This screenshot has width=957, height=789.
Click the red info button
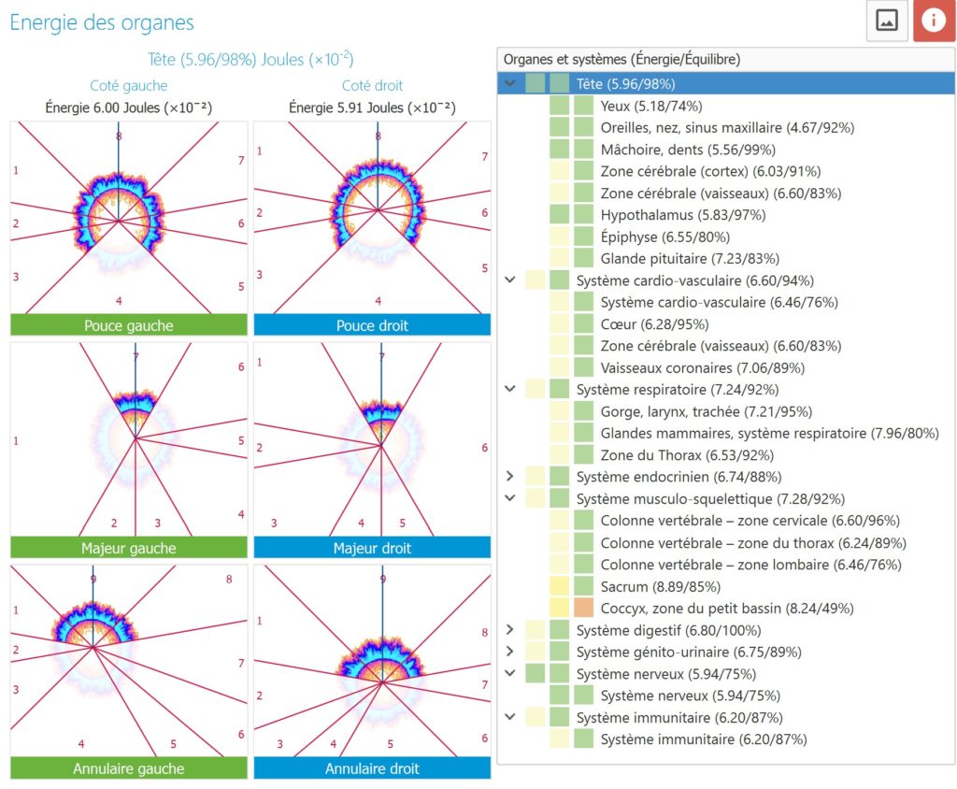(x=934, y=21)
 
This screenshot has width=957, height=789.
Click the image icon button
(x=887, y=21)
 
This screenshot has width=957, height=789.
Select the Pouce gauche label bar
(x=129, y=325)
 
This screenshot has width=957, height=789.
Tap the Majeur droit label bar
(x=372, y=548)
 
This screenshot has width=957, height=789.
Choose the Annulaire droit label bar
(x=372, y=768)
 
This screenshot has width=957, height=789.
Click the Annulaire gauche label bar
(x=129, y=768)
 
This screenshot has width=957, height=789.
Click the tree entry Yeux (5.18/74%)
(x=651, y=106)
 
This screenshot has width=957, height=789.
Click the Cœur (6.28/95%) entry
(x=655, y=324)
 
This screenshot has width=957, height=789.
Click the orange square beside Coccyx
(x=583, y=609)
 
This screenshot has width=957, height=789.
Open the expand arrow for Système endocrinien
(x=510, y=477)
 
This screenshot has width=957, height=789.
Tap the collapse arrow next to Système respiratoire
(x=510, y=389)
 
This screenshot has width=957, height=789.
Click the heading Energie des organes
(x=102, y=22)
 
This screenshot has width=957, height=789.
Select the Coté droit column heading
(x=372, y=86)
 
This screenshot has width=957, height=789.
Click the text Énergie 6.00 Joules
(x=129, y=108)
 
